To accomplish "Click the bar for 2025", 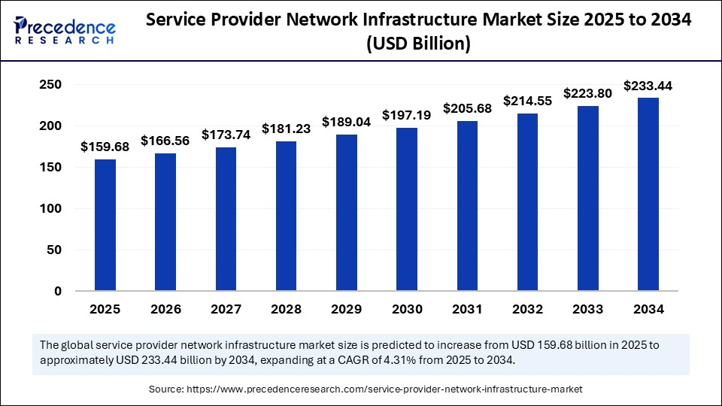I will (105, 225).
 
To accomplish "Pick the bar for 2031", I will (467, 206).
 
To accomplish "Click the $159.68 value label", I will (105, 147).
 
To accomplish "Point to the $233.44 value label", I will (648, 85).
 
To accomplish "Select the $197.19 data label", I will (407, 115).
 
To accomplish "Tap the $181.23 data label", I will (287, 129).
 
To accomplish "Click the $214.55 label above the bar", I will (527, 100).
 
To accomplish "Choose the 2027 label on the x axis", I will (226, 309).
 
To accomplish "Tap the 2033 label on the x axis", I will (587, 309).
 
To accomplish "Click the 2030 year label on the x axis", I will (407, 309).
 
